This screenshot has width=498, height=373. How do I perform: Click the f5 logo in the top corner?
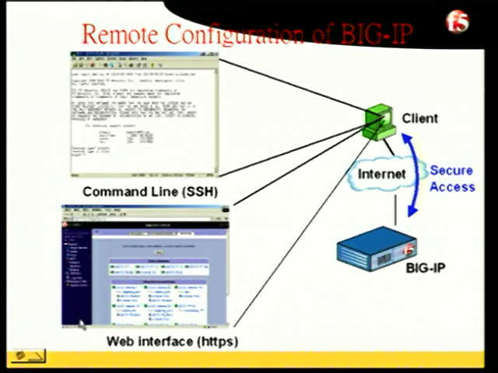click(x=458, y=21)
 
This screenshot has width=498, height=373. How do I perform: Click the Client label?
click(x=419, y=119)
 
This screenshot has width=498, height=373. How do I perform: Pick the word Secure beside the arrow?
click(x=452, y=170)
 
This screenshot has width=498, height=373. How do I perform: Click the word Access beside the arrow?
click(x=452, y=186)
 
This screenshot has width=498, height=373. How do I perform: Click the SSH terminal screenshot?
click(x=145, y=113)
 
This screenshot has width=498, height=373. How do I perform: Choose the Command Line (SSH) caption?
click(x=149, y=192)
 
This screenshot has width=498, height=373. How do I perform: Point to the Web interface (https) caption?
click(x=172, y=341)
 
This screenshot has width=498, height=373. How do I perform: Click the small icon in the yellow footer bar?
click(x=28, y=357)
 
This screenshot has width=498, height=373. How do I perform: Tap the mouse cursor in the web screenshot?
click(x=82, y=323)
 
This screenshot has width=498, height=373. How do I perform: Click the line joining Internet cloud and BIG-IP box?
click(x=396, y=208)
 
